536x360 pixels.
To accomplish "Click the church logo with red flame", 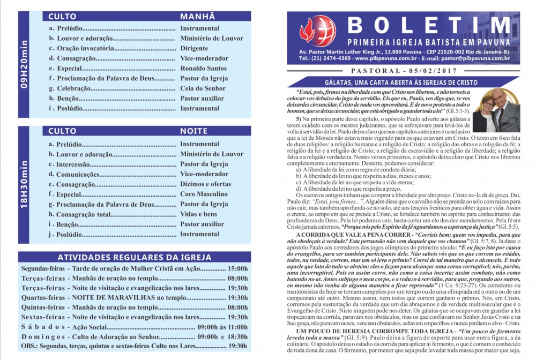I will coord(317,31).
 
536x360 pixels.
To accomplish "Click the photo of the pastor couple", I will coord(495,110).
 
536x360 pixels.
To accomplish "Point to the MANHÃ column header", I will coord(197,17).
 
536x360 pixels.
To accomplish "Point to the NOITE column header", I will coord(194,131).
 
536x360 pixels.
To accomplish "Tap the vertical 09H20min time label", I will coord(23,66).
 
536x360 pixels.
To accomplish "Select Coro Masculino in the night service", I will coord(204,194).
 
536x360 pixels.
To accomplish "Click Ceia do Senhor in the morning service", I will coord(203,88).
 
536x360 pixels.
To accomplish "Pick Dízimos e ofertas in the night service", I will coord(206,184).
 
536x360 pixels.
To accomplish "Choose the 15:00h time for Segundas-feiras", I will coord(237,268).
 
